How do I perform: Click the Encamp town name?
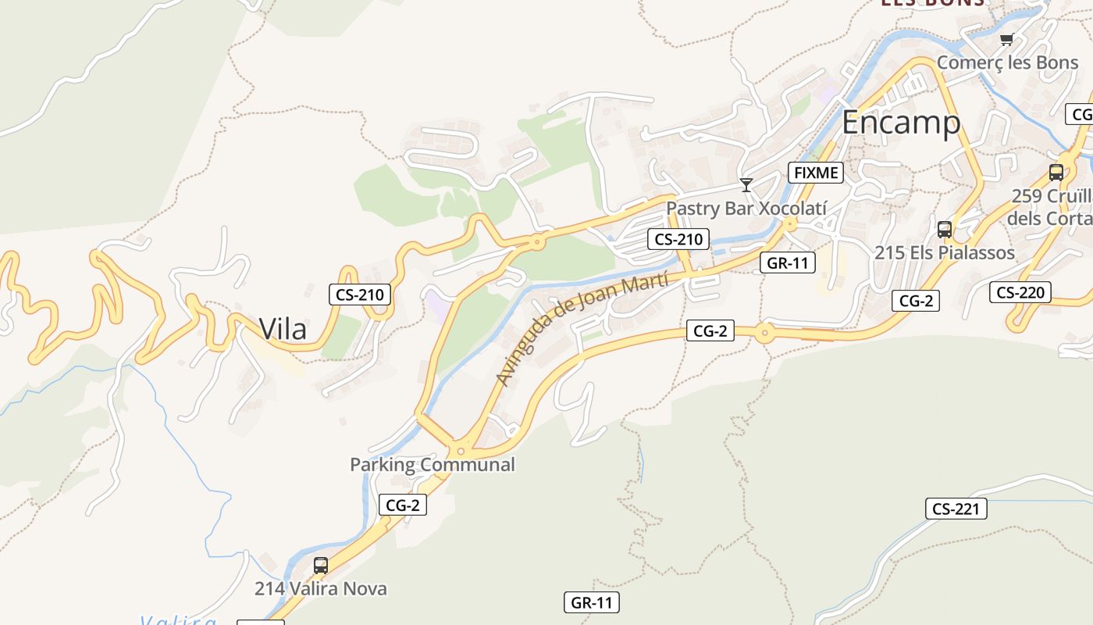click(x=901, y=123)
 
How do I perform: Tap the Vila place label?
click(x=283, y=329)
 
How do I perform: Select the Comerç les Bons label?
click(x=1007, y=62)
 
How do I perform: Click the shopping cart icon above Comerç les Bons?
click(x=1006, y=39)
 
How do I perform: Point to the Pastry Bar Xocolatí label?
click(x=746, y=209)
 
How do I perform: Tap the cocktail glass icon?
click(x=746, y=185)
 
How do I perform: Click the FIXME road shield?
click(x=816, y=173)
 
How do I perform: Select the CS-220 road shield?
click(x=1020, y=293)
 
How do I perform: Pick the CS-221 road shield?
click(x=956, y=509)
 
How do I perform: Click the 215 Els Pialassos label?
click(x=945, y=252)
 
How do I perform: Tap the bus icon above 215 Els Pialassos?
click(x=945, y=230)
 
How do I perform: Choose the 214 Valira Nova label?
click(x=320, y=588)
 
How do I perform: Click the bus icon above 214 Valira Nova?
click(x=320, y=565)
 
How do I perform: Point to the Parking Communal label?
click(x=432, y=464)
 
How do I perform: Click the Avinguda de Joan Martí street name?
click(x=582, y=328)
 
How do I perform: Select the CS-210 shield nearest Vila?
click(x=360, y=295)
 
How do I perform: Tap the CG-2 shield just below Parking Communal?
click(x=403, y=505)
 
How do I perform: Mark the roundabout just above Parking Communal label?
click(x=461, y=450)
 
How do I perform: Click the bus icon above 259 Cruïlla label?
click(x=1056, y=173)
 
